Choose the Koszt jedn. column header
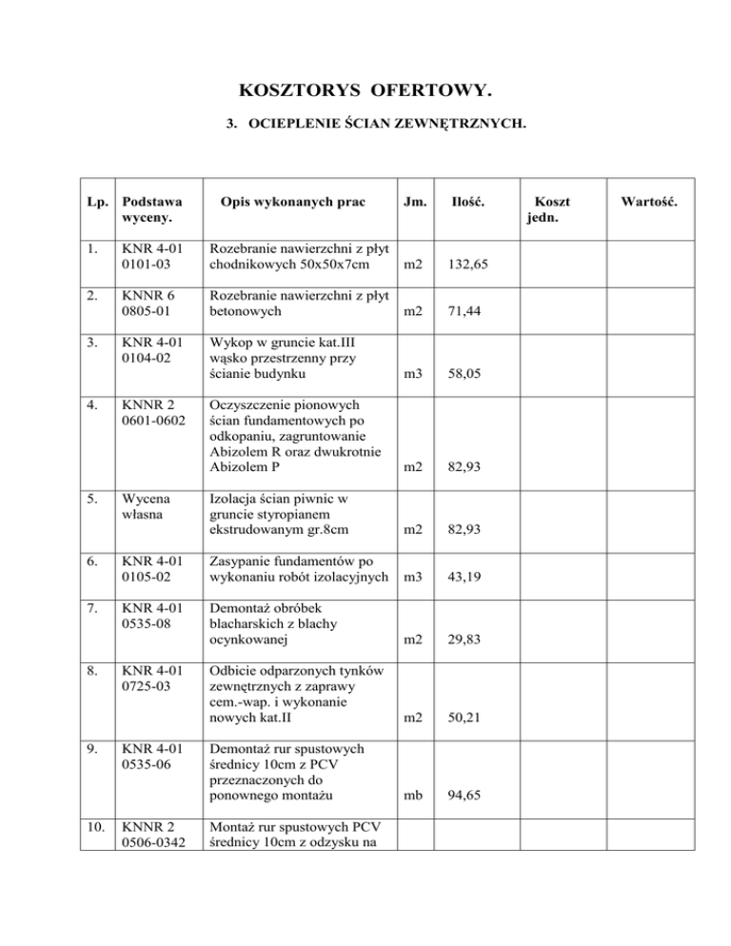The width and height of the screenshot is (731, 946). [544, 210]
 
